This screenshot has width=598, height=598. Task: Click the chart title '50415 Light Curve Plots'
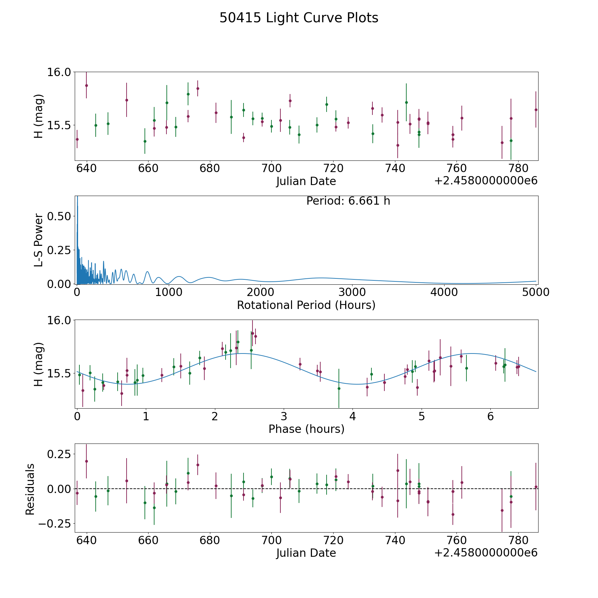299,18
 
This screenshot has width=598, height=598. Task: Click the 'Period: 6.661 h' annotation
348,201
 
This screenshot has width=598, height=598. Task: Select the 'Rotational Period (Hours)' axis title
306,305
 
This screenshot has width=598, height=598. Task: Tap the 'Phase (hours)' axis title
306,429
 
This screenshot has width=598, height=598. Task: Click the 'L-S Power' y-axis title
39,240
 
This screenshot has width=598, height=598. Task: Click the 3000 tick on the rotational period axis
352,292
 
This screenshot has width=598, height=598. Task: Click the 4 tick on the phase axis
352,417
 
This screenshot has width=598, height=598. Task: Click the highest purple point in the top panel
86,85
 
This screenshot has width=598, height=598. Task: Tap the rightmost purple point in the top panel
536,110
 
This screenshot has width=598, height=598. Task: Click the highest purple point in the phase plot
252,333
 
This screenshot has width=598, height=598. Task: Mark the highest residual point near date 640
86,461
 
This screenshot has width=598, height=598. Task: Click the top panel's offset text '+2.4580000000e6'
486,181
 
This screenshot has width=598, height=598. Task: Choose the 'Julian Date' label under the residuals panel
306,553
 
